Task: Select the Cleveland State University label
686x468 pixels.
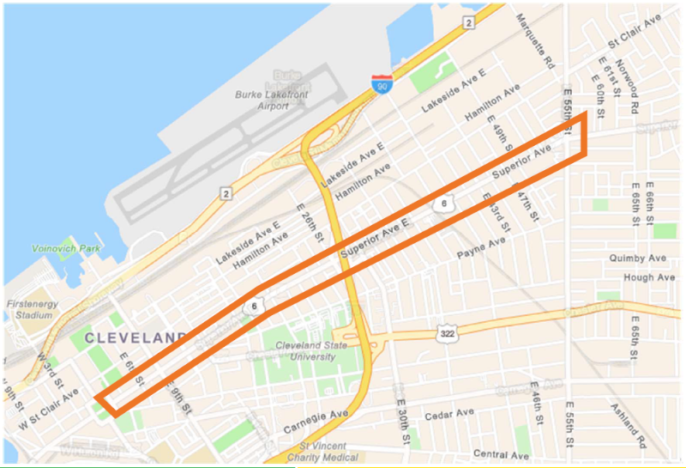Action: [314, 351]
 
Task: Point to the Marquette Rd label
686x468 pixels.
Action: [539, 52]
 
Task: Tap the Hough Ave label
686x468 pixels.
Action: [649, 277]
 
